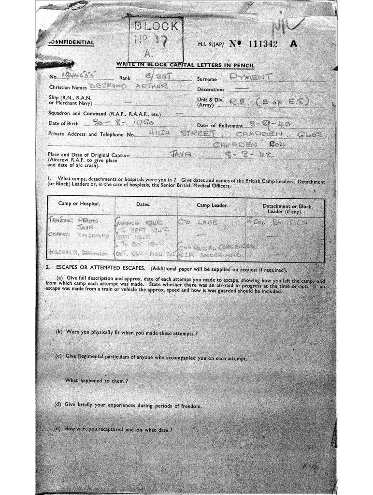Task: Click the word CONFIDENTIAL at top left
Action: (72, 43)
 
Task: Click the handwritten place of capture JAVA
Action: (180, 155)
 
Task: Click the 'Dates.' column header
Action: (143, 204)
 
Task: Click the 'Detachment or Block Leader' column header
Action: (287, 209)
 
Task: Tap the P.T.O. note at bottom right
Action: (310, 466)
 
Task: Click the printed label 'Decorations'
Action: (211, 89)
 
